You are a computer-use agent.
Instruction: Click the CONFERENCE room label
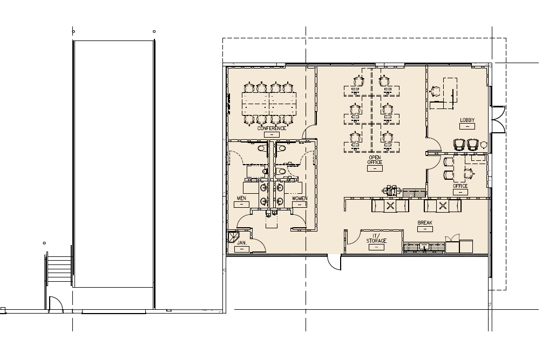271,128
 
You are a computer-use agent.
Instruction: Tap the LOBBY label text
467,120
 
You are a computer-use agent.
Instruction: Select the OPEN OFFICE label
375,160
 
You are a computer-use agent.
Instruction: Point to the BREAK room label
425,222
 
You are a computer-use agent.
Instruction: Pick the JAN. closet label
242,243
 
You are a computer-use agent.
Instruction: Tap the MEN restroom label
241,199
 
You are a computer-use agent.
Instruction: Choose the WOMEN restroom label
300,199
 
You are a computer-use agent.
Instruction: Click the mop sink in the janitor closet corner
233,237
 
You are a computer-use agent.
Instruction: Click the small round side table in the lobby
484,144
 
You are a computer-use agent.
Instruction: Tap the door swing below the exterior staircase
56,304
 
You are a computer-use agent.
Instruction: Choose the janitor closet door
258,246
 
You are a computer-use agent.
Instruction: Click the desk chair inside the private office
468,173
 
